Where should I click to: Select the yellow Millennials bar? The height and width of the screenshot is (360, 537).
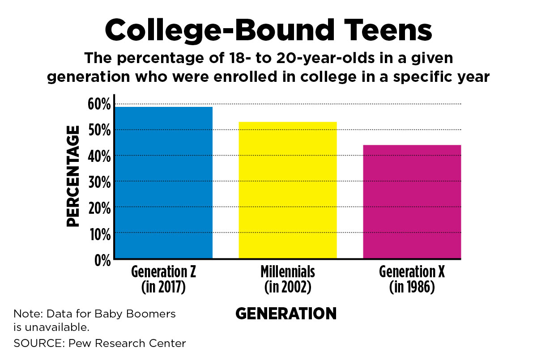288,190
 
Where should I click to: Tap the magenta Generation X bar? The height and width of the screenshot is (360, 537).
412,202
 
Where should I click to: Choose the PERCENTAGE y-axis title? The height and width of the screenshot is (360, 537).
73,176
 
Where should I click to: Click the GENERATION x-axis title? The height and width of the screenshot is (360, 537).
286,313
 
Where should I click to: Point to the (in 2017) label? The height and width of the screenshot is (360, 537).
163,287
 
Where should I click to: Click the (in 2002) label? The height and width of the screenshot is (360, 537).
288,287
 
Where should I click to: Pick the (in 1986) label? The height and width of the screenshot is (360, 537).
412,287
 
